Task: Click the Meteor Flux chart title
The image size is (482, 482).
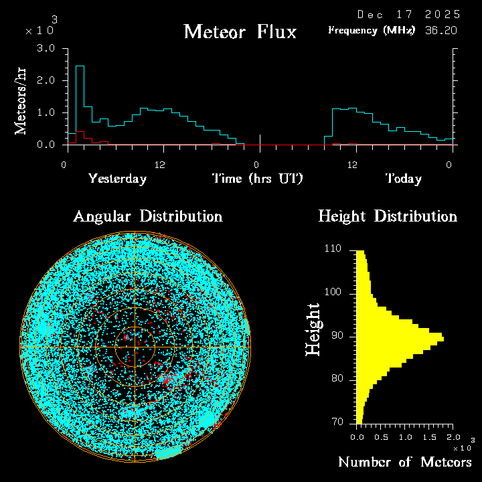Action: [x=240, y=31]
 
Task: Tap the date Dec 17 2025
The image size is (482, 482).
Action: [x=408, y=14]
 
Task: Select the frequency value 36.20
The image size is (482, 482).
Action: [x=442, y=30]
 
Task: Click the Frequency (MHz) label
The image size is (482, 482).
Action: [x=372, y=30]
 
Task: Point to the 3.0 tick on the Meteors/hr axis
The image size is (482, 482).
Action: [x=46, y=49]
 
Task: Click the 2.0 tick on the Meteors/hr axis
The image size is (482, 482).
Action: [x=46, y=81]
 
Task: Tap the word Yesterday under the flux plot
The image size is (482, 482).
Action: [x=117, y=179]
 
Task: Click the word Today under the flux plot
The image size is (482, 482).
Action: [x=404, y=179]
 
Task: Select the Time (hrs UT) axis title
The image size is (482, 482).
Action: [x=258, y=179]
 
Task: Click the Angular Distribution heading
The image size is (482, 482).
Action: [x=148, y=216]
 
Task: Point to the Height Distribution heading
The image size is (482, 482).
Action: [x=388, y=216]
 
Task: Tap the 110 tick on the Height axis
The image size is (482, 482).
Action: [x=333, y=249]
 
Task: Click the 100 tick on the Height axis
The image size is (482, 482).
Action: [x=333, y=293]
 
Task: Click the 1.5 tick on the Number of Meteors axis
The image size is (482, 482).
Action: [x=428, y=437]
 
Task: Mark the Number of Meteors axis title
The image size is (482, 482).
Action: [x=405, y=463]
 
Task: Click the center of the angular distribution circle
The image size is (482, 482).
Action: [x=135, y=347]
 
